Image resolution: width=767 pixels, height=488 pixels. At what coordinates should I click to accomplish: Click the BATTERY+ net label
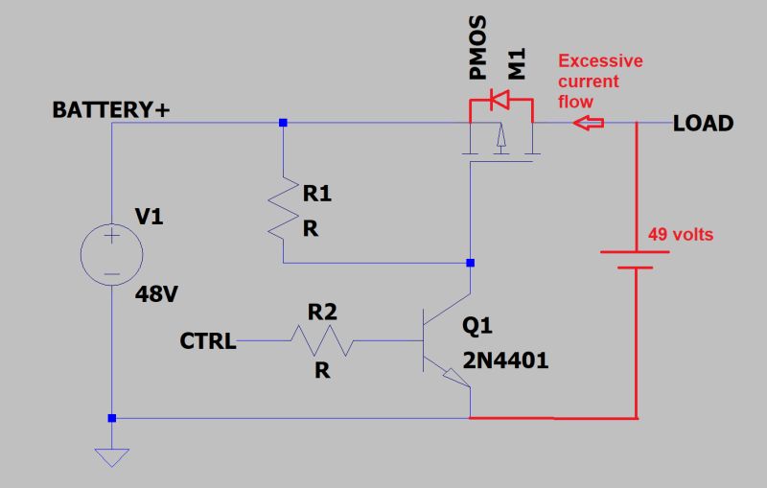point(111,110)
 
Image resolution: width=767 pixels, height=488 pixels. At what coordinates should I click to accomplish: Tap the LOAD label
point(703,124)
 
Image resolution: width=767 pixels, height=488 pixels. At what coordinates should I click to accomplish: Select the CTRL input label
point(208,340)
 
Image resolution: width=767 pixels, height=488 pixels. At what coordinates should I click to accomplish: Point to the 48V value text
point(157,294)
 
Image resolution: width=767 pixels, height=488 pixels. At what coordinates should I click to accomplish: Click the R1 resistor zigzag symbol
point(284,205)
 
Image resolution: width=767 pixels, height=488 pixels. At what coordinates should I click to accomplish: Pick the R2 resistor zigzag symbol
point(322,340)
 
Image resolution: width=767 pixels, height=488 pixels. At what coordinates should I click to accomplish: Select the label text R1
point(317,195)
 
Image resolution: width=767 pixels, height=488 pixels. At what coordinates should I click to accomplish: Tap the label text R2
point(322,313)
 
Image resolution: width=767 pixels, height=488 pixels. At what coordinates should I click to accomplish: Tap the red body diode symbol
point(499,99)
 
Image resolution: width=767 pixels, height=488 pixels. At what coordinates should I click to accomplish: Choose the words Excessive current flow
point(600,81)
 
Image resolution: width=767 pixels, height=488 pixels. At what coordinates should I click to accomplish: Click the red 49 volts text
point(682,234)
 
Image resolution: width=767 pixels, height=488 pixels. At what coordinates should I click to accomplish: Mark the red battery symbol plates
point(634,260)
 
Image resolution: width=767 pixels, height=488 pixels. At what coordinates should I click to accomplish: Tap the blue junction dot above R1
point(283,124)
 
